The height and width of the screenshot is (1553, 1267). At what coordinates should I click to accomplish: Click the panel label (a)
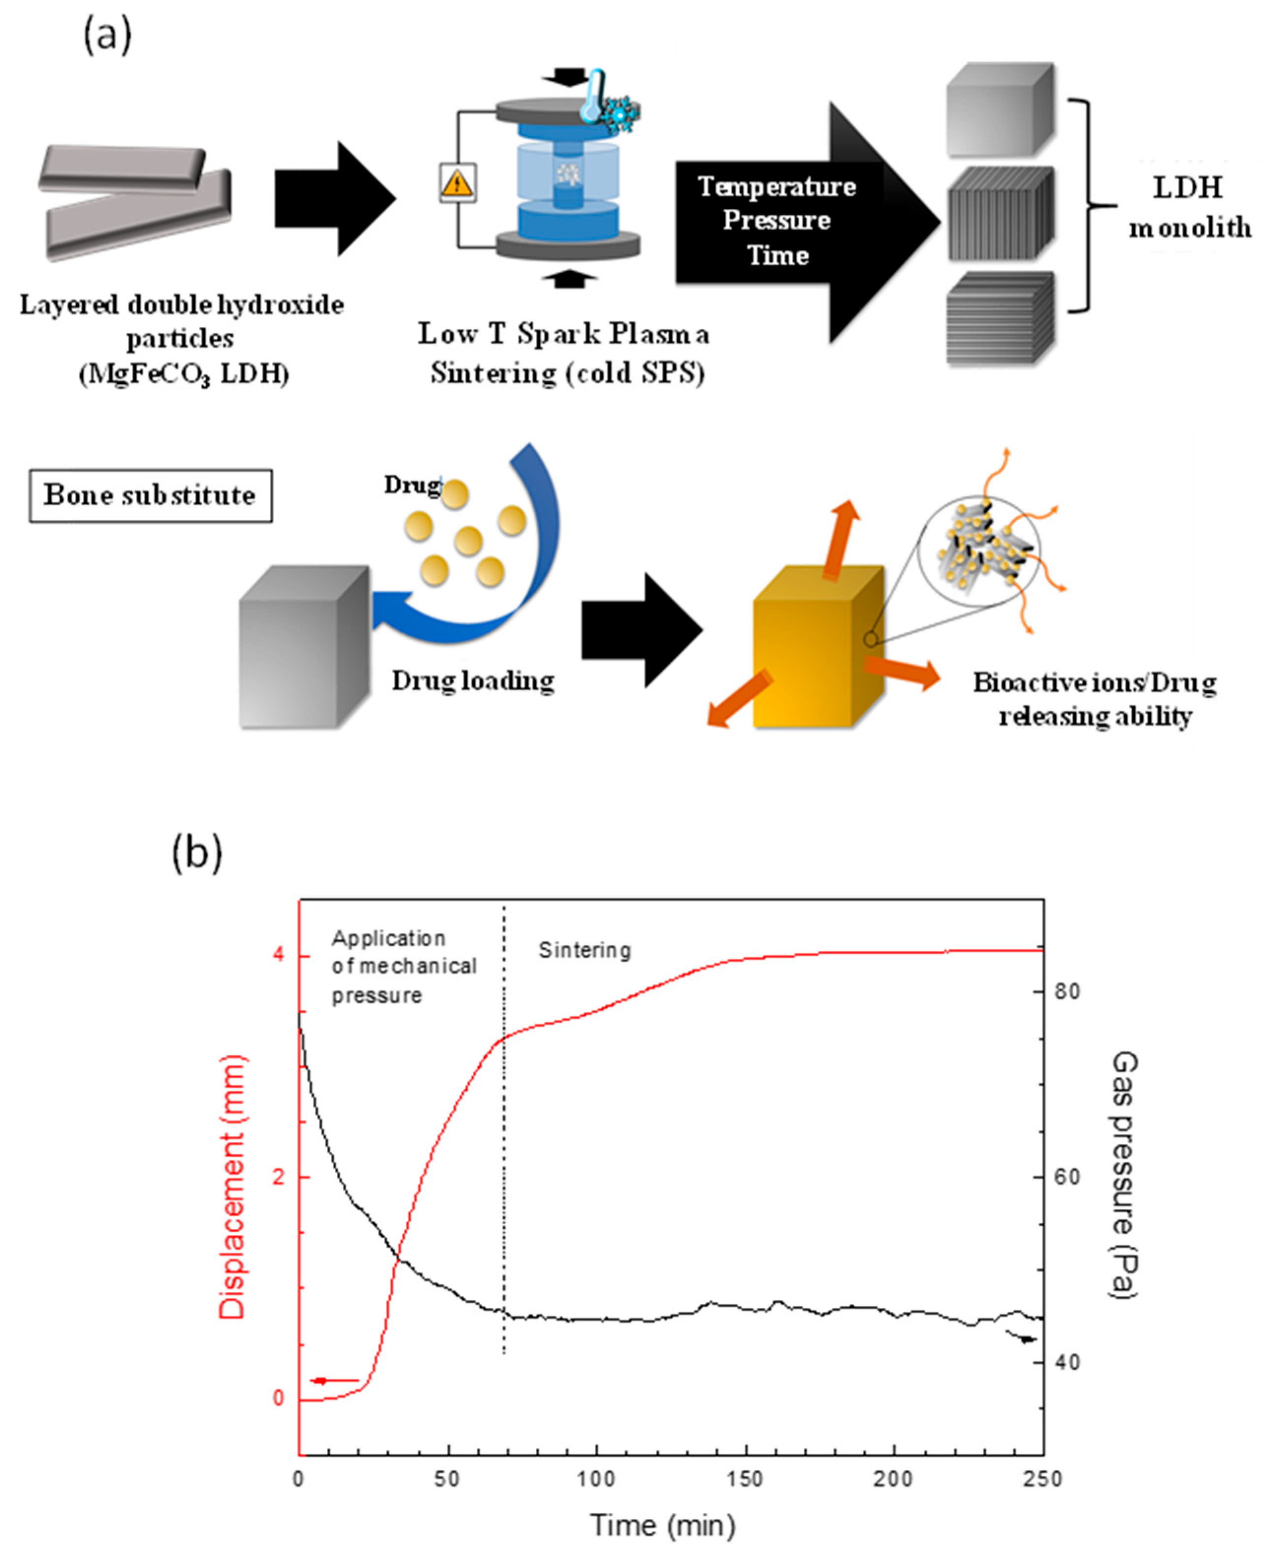(x=107, y=35)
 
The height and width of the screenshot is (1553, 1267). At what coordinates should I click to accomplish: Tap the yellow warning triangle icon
(x=457, y=183)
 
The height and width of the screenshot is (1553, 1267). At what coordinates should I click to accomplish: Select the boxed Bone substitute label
(x=150, y=495)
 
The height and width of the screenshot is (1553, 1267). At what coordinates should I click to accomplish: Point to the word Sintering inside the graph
(x=585, y=950)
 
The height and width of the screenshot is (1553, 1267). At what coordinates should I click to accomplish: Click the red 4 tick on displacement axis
(x=278, y=956)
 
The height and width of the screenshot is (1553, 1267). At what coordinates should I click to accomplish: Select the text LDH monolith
(x=1189, y=208)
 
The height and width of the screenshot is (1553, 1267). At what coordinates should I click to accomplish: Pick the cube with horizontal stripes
(x=1001, y=318)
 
